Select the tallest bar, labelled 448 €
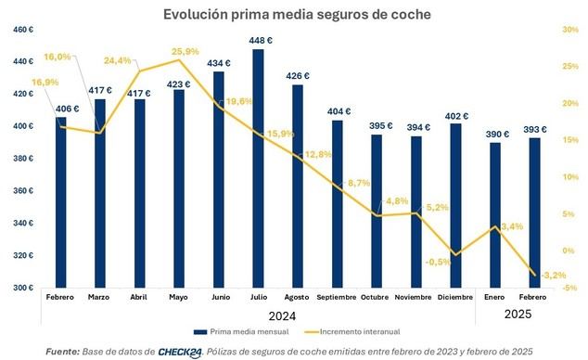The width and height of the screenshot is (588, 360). (x=258, y=167)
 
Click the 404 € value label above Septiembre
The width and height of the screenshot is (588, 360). (x=339, y=112)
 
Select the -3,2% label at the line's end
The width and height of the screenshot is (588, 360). (x=529, y=276)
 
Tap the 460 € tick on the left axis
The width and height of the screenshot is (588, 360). (x=21, y=30)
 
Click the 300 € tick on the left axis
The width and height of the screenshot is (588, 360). (x=21, y=288)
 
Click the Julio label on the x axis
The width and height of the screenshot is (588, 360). (x=258, y=298)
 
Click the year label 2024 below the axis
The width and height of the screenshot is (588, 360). (x=283, y=315)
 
